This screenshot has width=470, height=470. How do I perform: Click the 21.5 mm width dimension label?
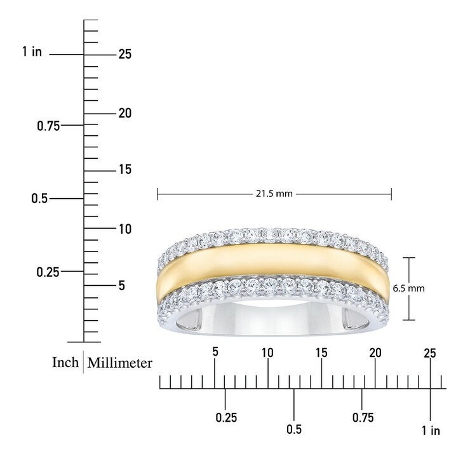[x=274, y=194]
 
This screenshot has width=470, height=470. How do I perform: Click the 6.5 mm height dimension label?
[x=409, y=288]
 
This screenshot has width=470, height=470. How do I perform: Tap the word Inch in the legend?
[x=65, y=362]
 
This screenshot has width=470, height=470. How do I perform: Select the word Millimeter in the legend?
[x=119, y=363]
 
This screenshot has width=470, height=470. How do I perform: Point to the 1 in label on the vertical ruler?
[x=32, y=51]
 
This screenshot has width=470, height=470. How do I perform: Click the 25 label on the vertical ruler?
[x=124, y=54]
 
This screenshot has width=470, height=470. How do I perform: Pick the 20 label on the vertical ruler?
[x=124, y=113]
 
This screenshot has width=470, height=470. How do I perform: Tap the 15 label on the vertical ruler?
[x=125, y=170]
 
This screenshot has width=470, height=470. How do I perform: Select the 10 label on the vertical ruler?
[x=125, y=229]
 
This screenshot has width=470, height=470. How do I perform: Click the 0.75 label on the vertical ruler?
[x=48, y=126]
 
